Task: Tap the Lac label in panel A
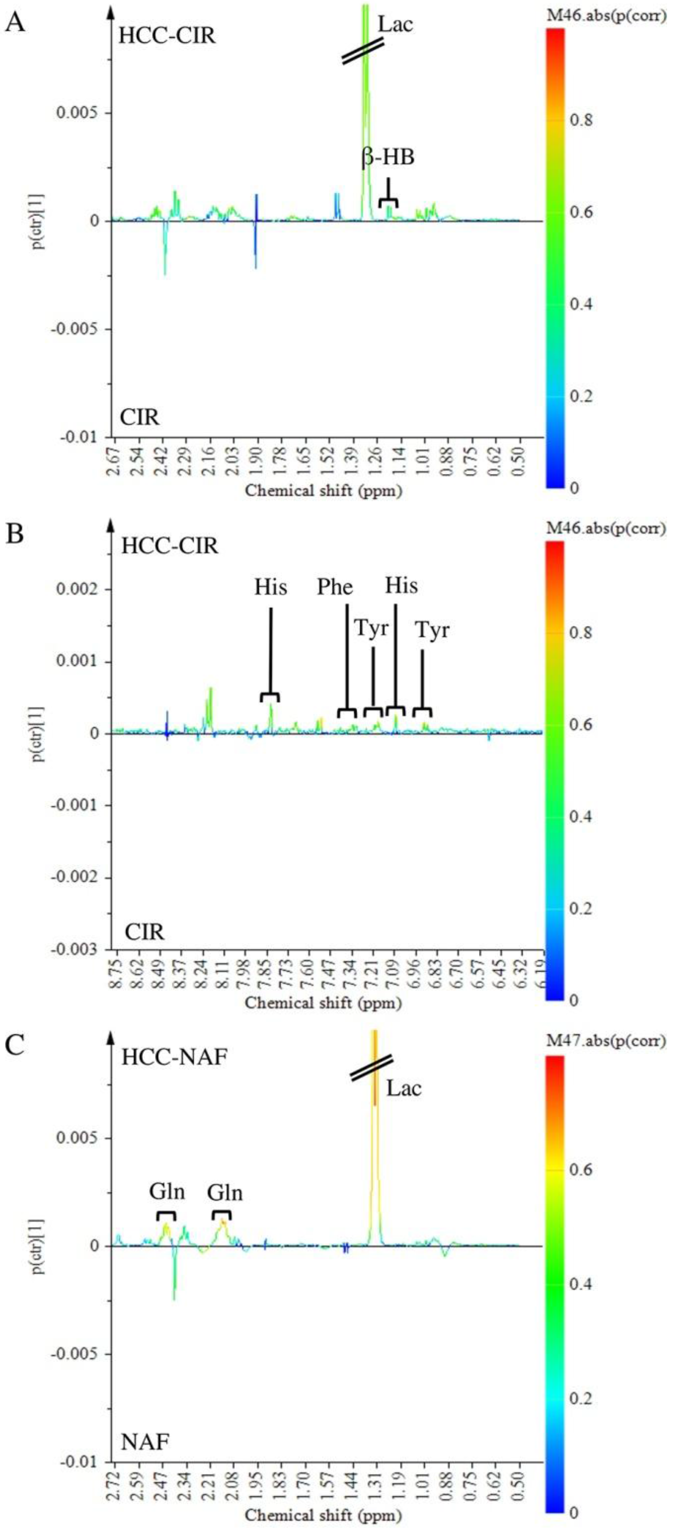[395, 24]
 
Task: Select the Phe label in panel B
[335, 587]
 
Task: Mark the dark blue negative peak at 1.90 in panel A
[256, 250]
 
